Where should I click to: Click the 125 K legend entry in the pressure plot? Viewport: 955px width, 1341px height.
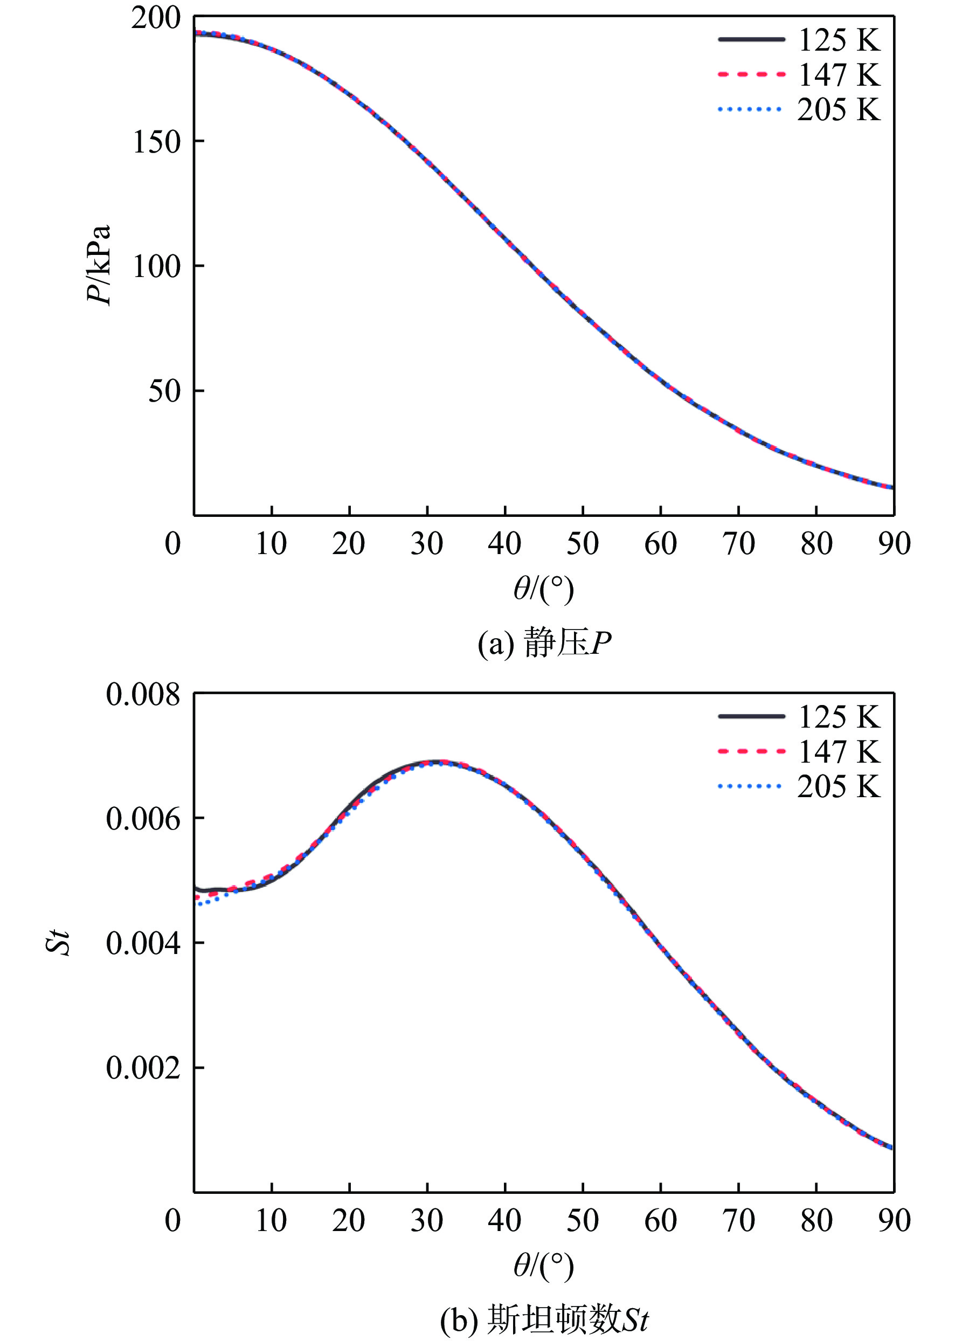click(838, 40)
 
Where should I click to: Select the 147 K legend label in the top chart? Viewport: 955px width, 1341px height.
click(838, 75)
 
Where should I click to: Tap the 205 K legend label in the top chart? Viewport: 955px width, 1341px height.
click(838, 110)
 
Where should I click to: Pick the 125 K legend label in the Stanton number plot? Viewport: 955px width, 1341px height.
click(838, 717)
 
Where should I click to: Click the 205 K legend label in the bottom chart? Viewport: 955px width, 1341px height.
click(838, 786)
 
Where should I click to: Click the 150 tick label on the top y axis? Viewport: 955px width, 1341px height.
click(155, 142)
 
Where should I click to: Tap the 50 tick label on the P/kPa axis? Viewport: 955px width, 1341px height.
click(163, 391)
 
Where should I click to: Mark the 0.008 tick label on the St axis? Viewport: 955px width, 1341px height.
click(143, 695)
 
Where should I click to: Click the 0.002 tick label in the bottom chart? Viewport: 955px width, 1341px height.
click(143, 1068)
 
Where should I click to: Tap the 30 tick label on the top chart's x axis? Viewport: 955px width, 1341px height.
click(426, 544)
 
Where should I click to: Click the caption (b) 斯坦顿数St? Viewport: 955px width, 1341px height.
click(544, 1321)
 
